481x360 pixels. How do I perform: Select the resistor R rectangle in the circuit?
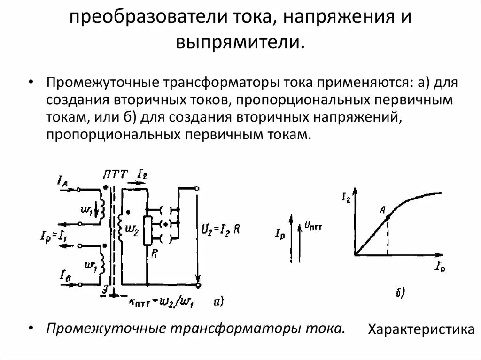coord(147,230)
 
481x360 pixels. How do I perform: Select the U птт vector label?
coord(313,226)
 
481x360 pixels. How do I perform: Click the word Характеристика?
coord(420,329)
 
